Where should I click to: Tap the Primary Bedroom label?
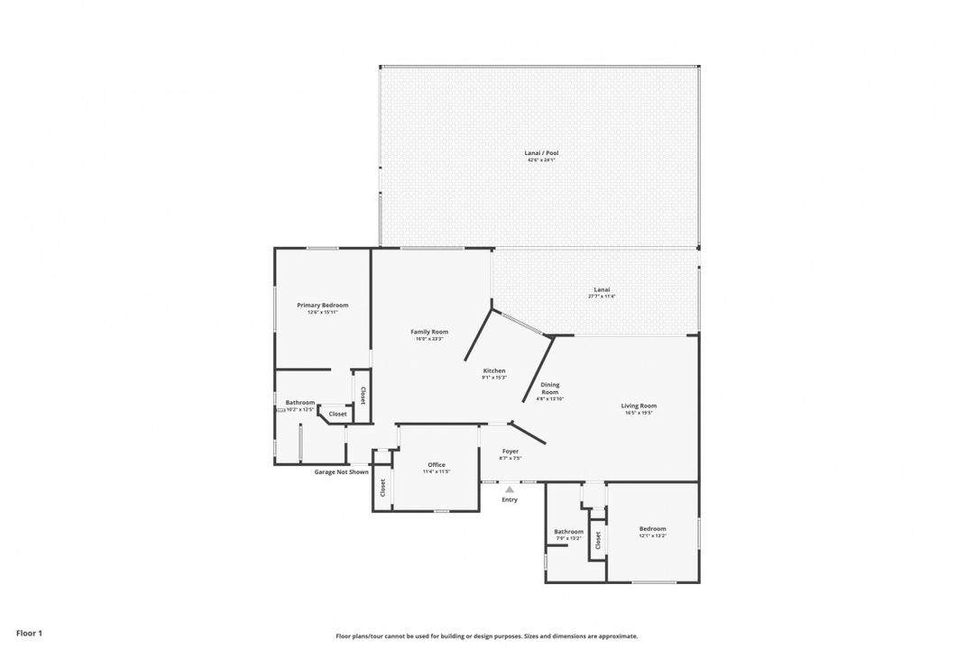322,305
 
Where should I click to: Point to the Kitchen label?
494,370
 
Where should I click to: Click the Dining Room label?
550,388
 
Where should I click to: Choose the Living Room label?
639,406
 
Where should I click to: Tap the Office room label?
436,465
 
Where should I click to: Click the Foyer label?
510,451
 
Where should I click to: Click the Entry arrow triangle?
510,489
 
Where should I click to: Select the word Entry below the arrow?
510,499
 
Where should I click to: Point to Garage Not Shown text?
341,471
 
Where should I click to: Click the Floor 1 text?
29,633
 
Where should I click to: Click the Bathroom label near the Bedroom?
569,532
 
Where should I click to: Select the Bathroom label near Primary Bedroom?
300,402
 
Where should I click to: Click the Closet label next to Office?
382,488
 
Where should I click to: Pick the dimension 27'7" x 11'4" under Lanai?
602,296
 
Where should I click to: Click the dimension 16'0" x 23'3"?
429,338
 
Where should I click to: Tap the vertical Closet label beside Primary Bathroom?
363,395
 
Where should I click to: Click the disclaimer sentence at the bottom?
486,635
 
